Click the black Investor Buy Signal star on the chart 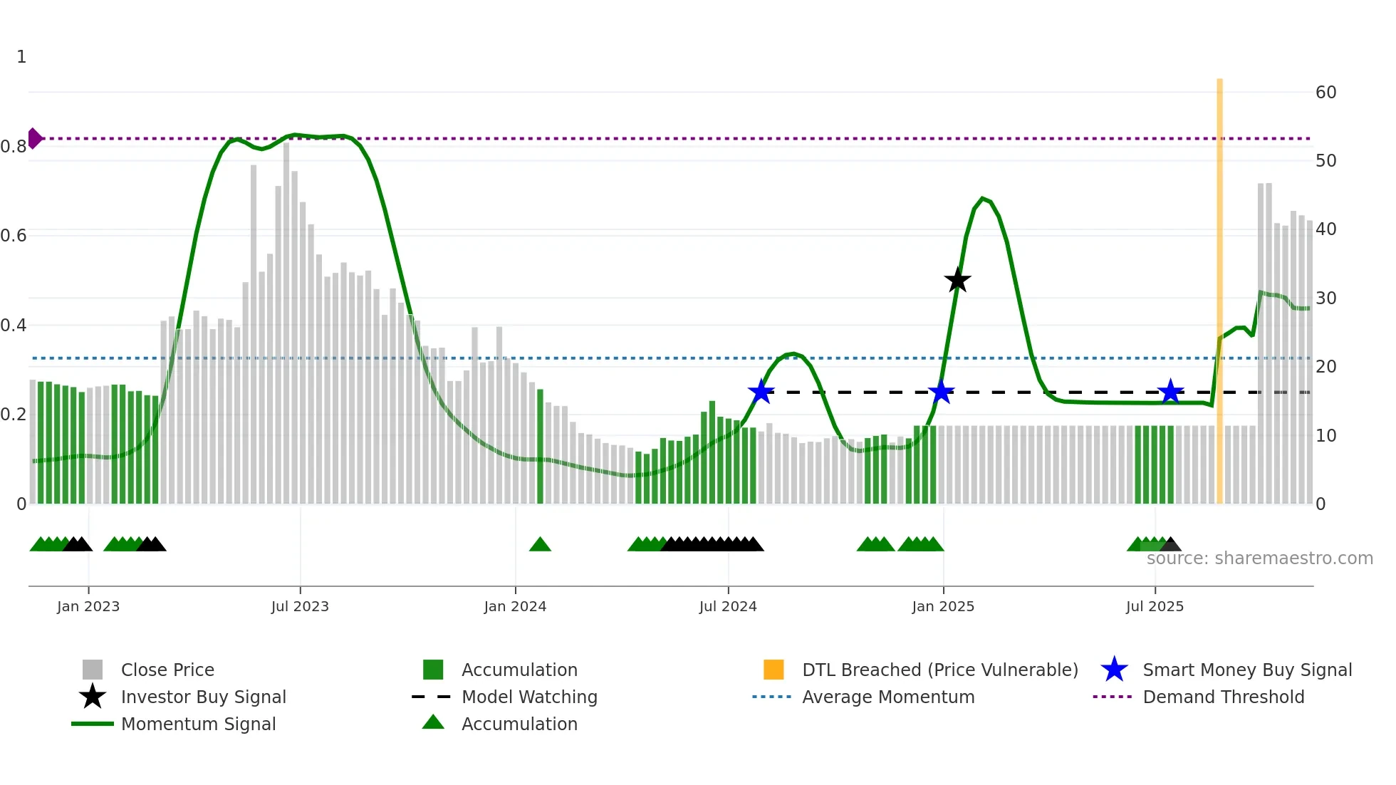pos(957,280)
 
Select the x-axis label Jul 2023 pos(300,606)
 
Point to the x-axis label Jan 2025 pos(943,606)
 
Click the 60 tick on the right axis pos(1325,93)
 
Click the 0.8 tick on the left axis pos(14,147)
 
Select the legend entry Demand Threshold pos(1223,697)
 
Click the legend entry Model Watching pos(529,697)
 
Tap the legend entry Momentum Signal pos(198,724)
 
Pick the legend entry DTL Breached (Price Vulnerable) pos(939,670)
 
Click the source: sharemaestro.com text pos(1259,558)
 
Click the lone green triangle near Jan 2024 pos(540,545)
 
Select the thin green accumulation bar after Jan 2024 pos(540,446)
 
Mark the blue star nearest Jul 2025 pos(1170,392)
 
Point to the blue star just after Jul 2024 pos(761,392)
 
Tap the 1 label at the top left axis pos(21,57)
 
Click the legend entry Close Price pos(167,670)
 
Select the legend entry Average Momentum pos(887,697)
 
